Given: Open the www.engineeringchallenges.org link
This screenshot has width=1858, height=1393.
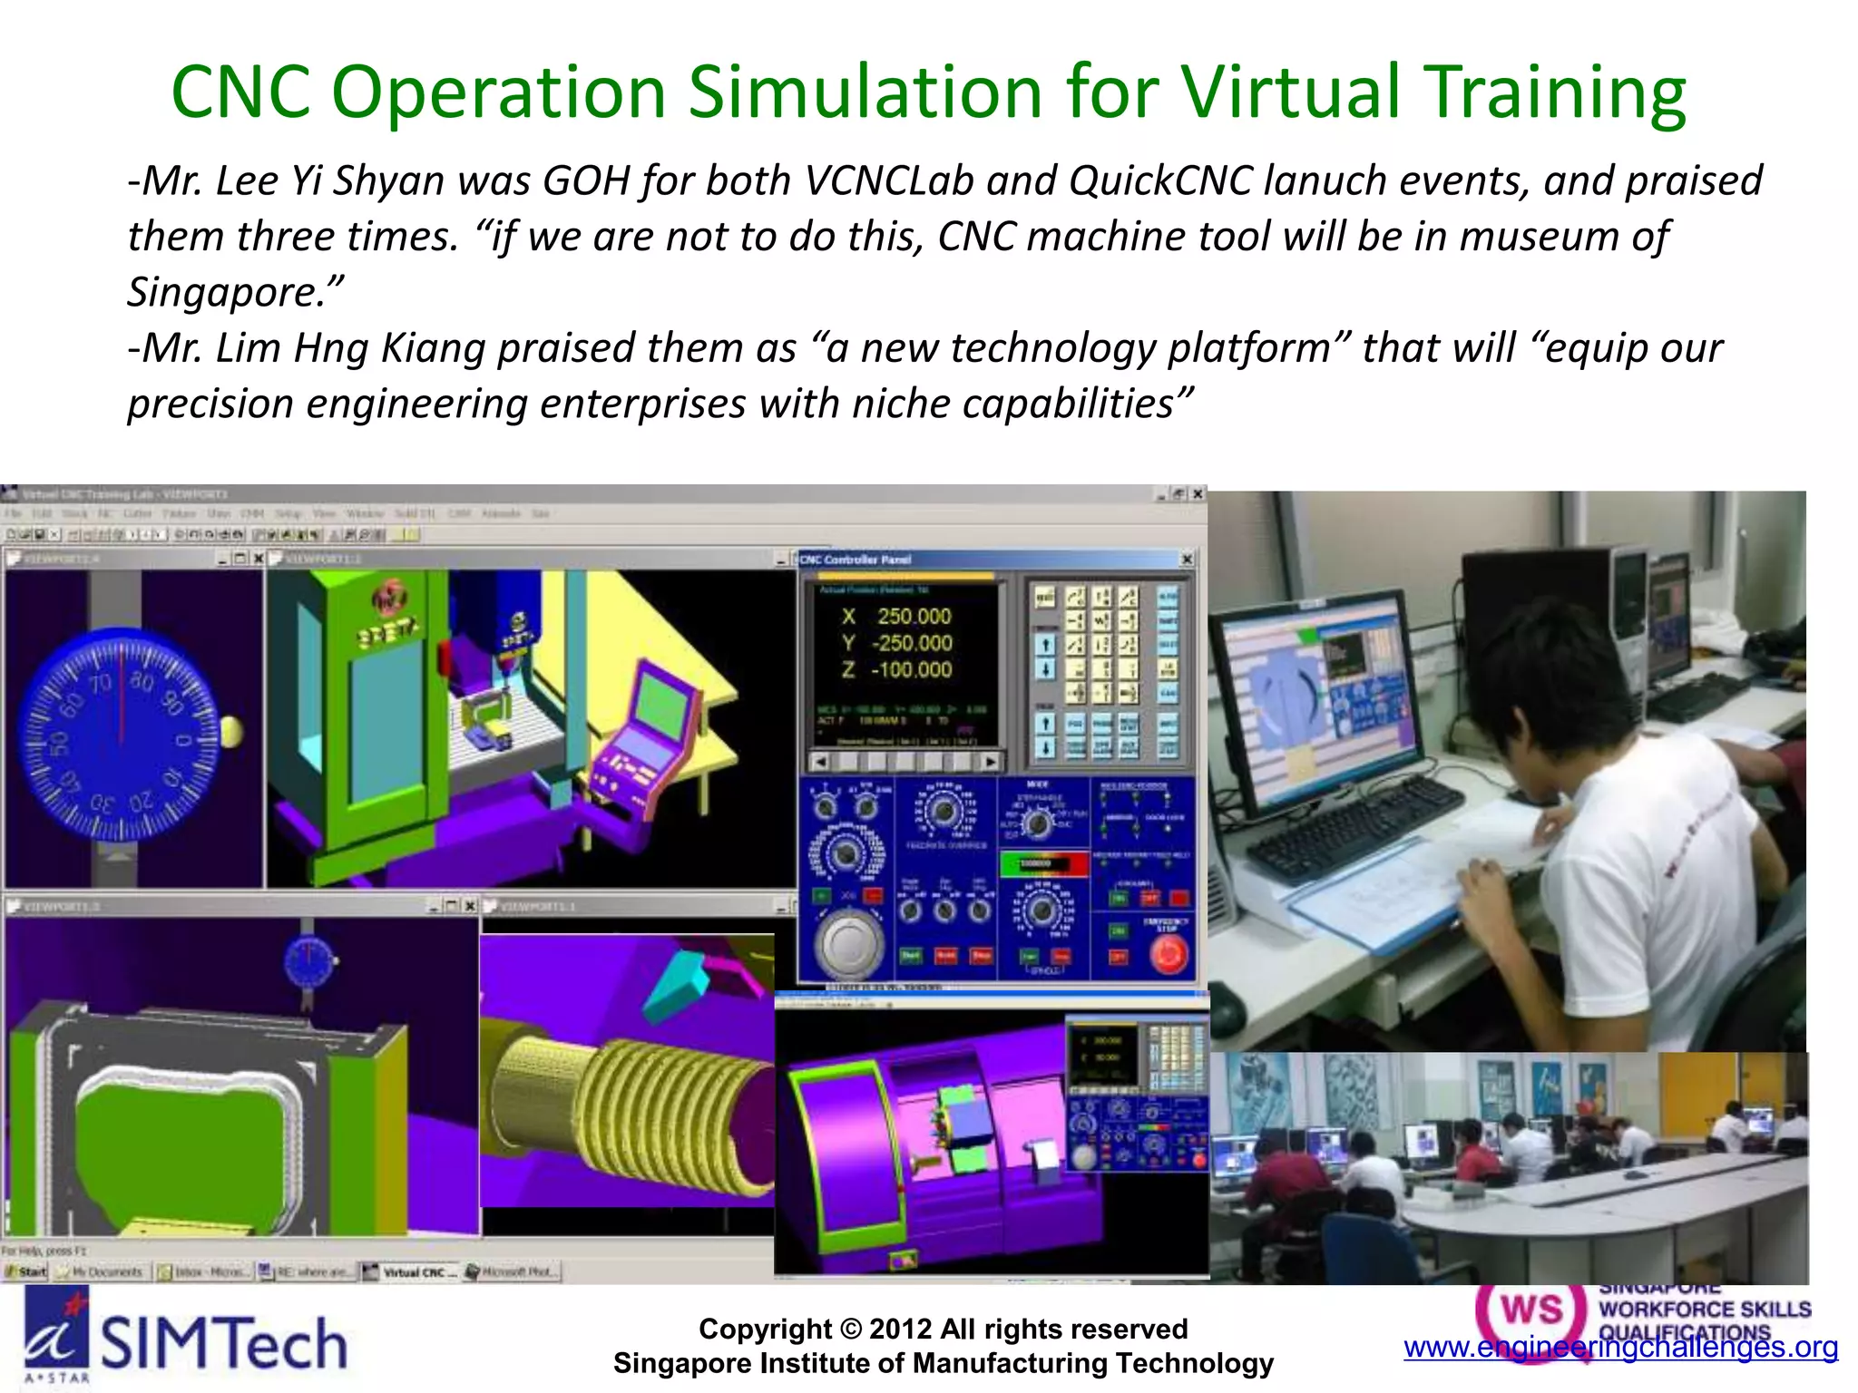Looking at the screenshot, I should point(1620,1347).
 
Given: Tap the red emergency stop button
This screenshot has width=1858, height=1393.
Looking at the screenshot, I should point(1168,954).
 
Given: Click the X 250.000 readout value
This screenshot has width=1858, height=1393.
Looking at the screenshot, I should point(913,617).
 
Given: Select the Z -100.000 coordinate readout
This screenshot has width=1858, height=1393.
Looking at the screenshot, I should point(911,670).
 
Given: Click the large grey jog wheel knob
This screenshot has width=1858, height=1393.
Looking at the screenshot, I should point(848,943).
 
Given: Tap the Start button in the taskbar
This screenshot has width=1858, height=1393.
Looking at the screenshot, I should point(27,1271).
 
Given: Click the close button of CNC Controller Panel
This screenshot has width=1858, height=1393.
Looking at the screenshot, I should point(1187,560).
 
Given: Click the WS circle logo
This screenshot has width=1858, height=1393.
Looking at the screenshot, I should point(1530,1313).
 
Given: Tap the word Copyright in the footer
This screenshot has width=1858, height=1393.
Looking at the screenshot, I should point(764,1329).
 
